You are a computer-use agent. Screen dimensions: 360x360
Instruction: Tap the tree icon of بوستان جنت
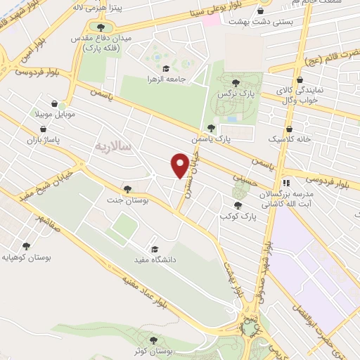point(127,188)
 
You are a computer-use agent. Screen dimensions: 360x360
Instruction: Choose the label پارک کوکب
point(238,217)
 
